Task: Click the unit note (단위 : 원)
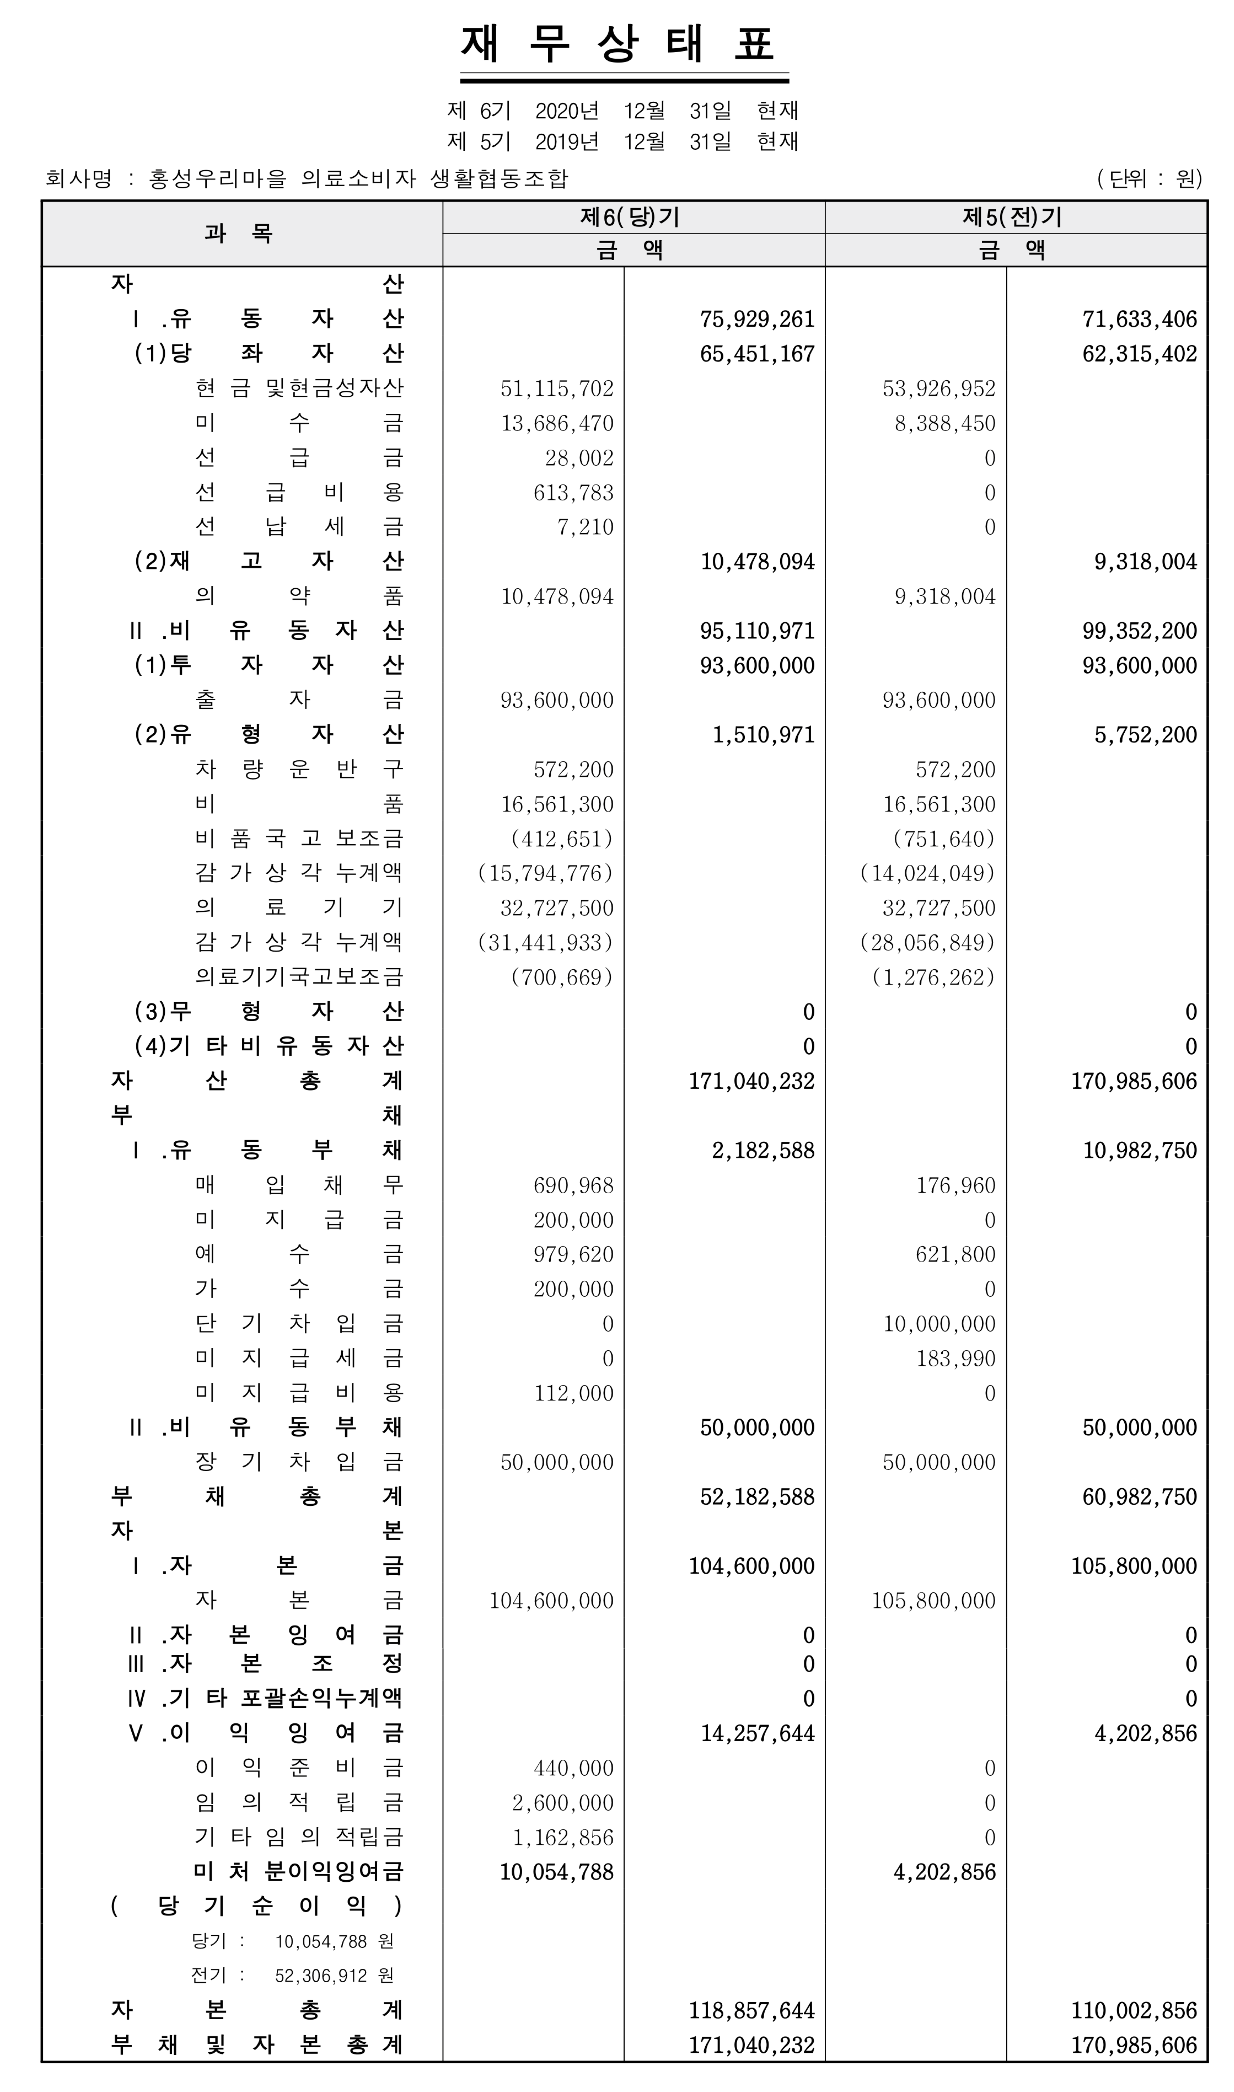point(1149,179)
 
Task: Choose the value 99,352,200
point(1139,631)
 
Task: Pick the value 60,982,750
point(1139,1497)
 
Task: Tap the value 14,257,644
point(757,1734)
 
